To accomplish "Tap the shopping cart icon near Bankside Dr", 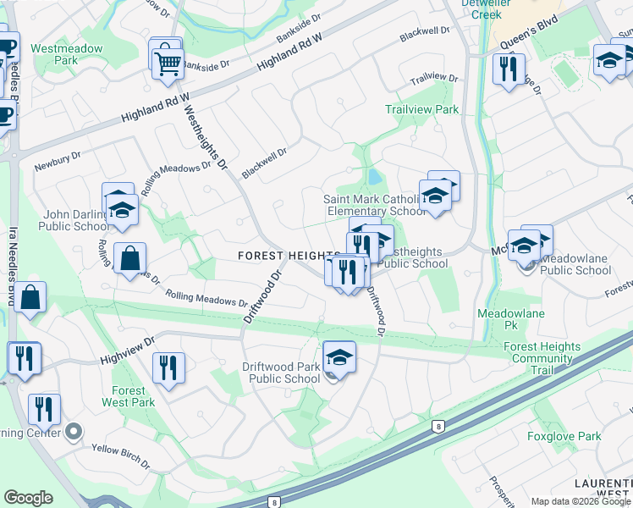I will [x=168, y=62].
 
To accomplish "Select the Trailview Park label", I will [x=421, y=109].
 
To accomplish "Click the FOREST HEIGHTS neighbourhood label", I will [x=289, y=255].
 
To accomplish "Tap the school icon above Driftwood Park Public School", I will [x=339, y=358].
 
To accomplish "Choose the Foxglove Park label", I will [x=564, y=437].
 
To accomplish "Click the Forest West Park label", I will [x=128, y=396].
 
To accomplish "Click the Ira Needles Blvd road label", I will [x=14, y=262].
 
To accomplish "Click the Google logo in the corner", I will [x=28, y=498].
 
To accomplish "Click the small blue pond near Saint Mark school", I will [x=373, y=178].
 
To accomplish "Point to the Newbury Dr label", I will [x=58, y=161].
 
